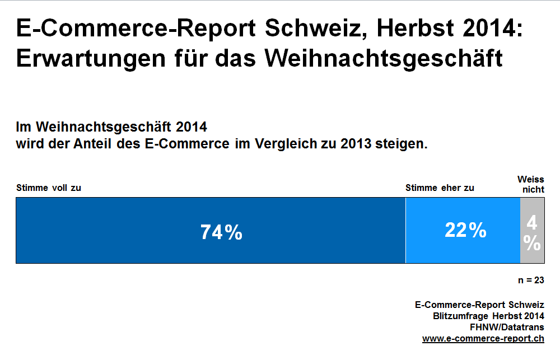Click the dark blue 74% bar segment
click(x=211, y=230)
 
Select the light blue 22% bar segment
click(x=463, y=230)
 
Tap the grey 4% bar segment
click(x=532, y=230)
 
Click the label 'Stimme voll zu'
click(x=49, y=188)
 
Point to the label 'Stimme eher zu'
click(x=440, y=188)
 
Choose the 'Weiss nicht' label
click(x=531, y=184)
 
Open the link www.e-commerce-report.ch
click(x=483, y=339)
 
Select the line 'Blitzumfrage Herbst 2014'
click(x=488, y=316)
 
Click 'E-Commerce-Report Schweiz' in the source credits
click(x=479, y=305)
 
